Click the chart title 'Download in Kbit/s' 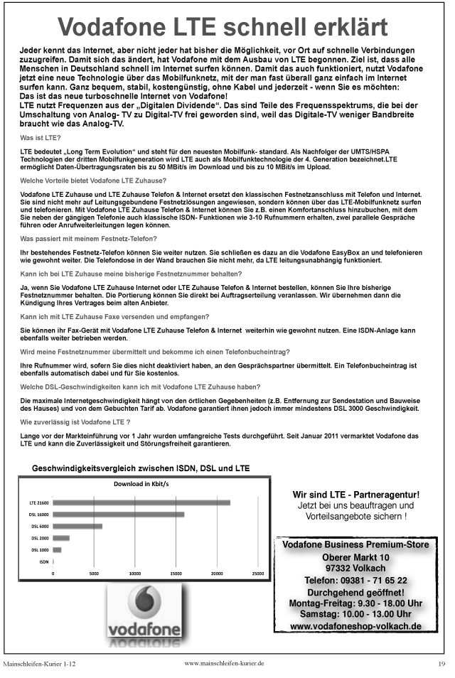[142, 484]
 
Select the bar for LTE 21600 [141, 502]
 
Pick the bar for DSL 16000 [118, 514]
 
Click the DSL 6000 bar [77, 526]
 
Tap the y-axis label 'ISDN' [43, 561]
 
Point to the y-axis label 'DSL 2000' [40, 538]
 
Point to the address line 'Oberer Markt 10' [355, 556]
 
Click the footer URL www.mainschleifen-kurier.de [224, 662]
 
